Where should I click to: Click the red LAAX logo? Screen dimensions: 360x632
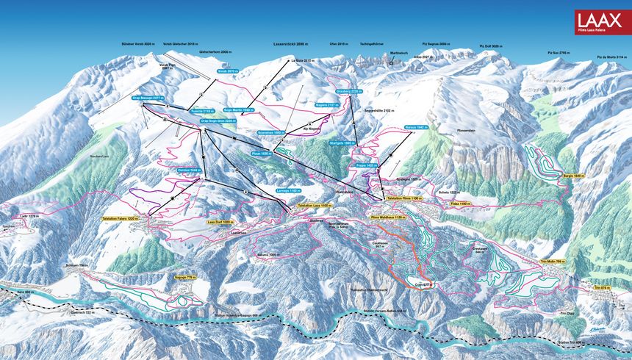point(602,22)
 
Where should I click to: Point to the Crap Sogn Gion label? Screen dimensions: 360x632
point(219,120)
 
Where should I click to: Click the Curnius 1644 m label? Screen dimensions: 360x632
point(189,170)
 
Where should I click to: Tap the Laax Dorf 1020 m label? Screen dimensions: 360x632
point(219,221)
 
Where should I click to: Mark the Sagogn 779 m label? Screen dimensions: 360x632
point(186,277)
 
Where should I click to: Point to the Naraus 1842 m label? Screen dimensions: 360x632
point(415,128)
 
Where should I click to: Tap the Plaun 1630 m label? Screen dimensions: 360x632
point(262,154)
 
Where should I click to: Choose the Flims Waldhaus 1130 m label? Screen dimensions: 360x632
point(388,217)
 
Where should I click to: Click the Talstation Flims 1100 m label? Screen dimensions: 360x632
point(403,198)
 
